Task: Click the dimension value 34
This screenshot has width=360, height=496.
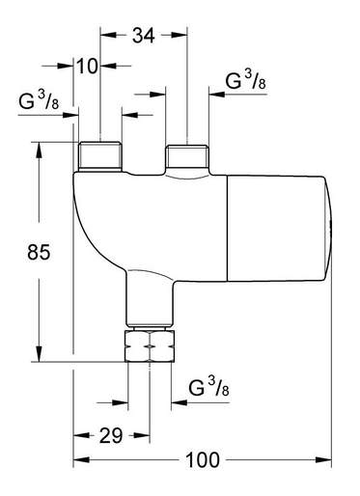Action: (144, 36)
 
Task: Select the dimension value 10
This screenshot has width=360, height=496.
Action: (87, 67)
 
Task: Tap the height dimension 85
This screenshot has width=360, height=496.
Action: (39, 252)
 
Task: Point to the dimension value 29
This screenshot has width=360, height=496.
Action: (111, 436)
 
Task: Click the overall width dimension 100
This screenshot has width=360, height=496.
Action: (203, 460)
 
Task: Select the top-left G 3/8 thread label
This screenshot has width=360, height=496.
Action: (39, 100)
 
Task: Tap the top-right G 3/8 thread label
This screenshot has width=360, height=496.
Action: (246, 80)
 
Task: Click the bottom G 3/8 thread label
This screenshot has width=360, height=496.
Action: (208, 387)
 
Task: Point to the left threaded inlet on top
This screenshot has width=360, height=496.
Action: (100, 156)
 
